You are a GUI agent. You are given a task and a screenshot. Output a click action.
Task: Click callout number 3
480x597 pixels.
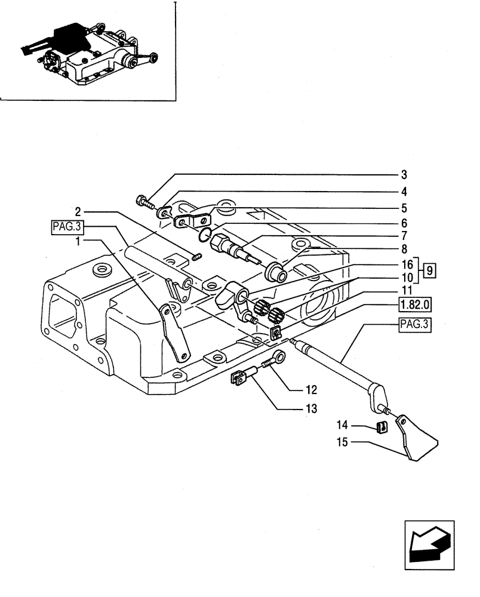[x=404, y=175]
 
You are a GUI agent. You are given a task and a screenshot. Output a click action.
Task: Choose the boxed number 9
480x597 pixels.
[x=430, y=270]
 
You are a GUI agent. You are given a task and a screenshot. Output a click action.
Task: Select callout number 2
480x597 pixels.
[x=78, y=211]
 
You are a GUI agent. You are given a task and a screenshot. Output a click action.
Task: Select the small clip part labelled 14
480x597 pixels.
[x=379, y=426]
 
